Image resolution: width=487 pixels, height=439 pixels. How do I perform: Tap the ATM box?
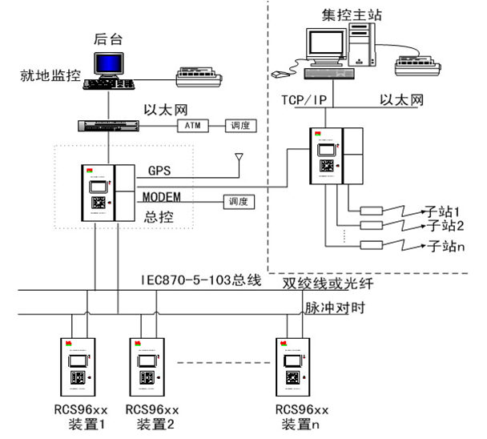192,126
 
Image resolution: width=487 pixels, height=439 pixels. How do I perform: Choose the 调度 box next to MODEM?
238,201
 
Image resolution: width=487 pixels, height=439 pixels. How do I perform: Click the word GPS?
159,171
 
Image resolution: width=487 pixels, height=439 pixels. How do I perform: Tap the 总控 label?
159,215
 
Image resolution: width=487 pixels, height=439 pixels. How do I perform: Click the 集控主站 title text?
352,15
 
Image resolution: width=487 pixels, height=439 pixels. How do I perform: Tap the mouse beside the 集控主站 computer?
279,74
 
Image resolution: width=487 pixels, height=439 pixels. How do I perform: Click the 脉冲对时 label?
331,308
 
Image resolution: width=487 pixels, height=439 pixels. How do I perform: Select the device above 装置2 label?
147,366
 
